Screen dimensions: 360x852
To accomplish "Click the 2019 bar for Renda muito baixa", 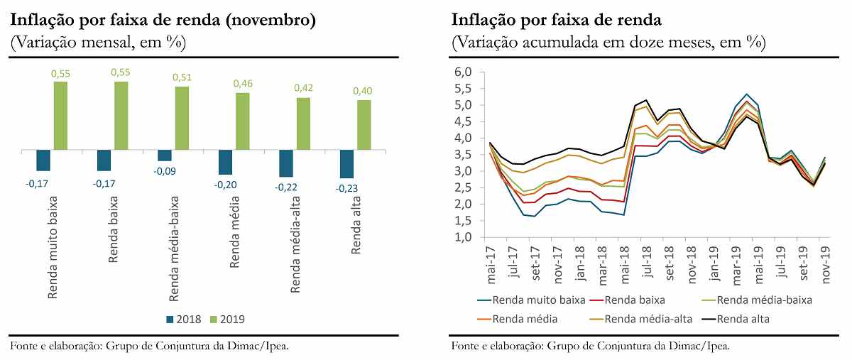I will coord(61,116).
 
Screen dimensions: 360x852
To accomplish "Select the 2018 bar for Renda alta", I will coord(346,164).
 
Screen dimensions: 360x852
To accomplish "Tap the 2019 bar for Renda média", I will coord(243,121).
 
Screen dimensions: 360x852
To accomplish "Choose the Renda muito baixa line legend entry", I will coord(532,300).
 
